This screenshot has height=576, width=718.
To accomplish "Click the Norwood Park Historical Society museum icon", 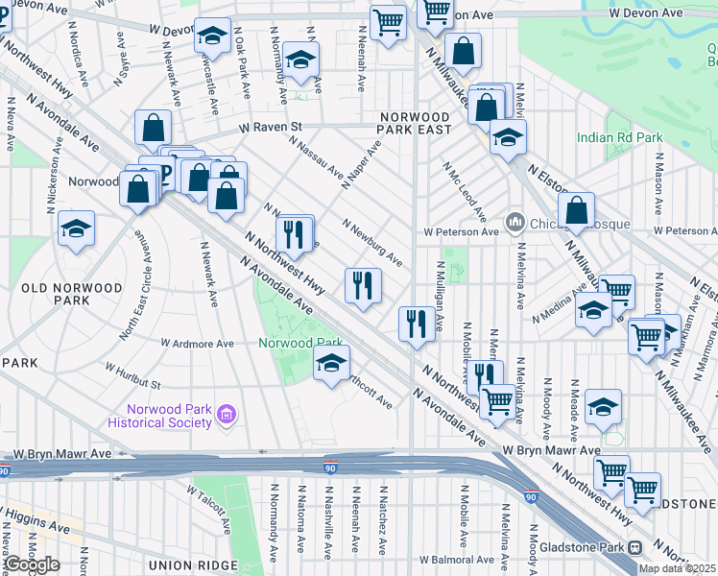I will [x=226, y=415].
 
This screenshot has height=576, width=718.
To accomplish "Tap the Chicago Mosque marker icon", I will [x=515, y=223].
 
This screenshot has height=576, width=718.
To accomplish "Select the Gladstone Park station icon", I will [x=634, y=547].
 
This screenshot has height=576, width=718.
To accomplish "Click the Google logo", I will [x=32, y=564].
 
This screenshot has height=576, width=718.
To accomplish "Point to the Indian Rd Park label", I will [x=619, y=137].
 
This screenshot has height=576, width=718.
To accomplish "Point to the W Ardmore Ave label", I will [x=197, y=343].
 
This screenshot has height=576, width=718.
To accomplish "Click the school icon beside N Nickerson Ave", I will [x=76, y=228].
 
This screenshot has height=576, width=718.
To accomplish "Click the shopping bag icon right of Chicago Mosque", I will [x=576, y=210].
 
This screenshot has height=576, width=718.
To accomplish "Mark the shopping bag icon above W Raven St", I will [x=154, y=127].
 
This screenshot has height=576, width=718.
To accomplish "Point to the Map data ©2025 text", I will [x=677, y=568].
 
